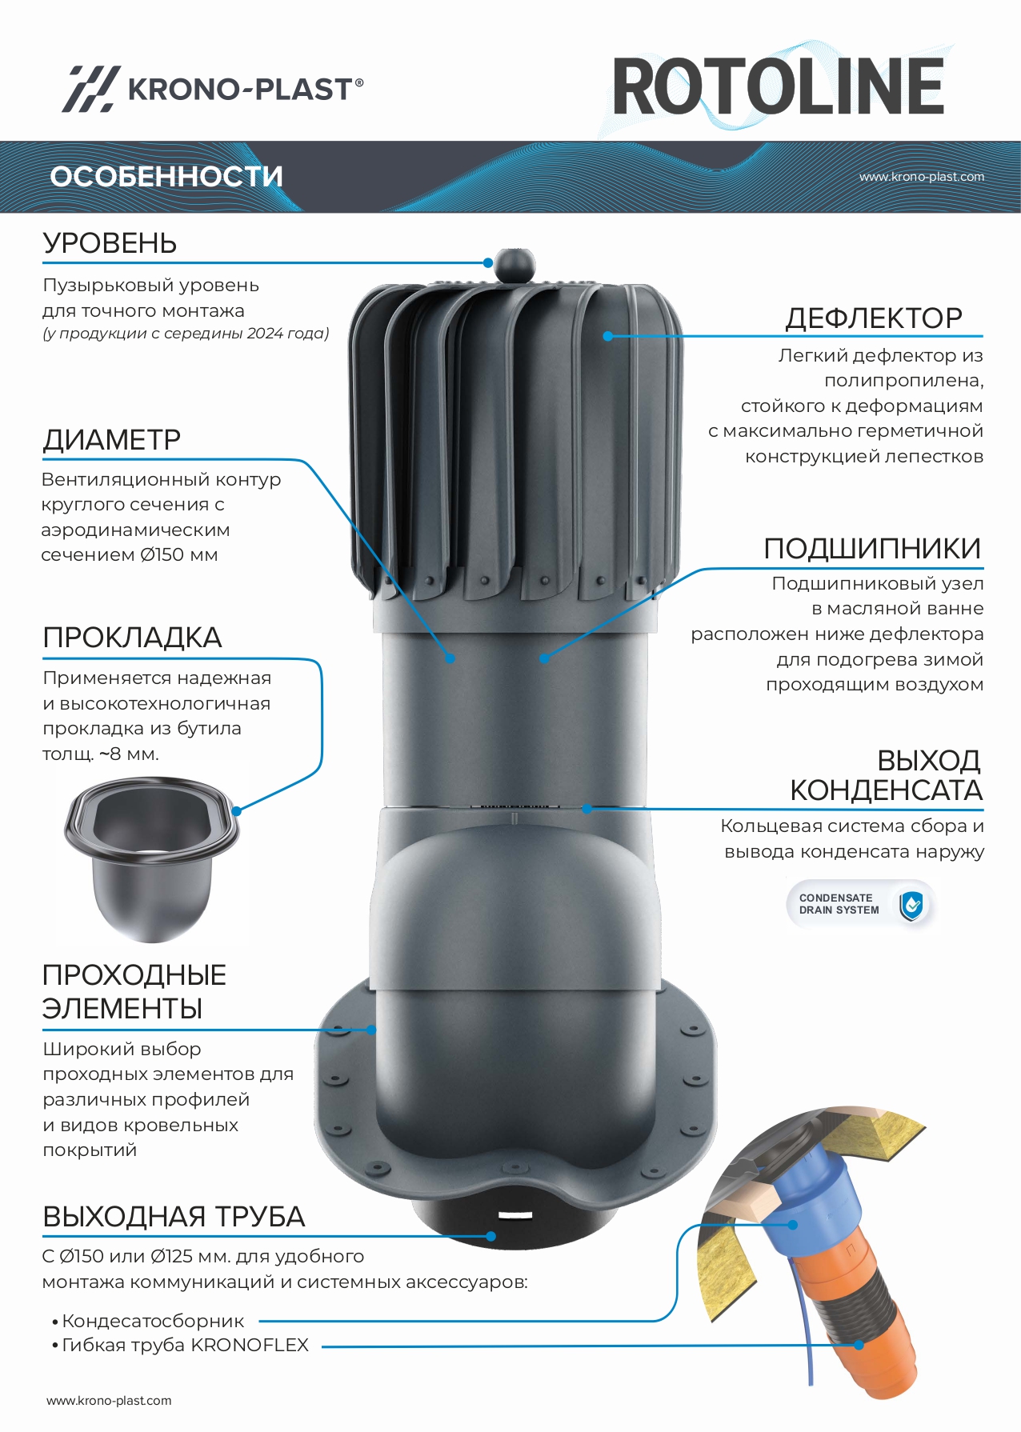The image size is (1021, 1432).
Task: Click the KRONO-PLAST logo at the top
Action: [213, 88]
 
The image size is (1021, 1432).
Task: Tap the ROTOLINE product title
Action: [779, 86]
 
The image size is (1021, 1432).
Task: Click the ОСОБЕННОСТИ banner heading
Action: [166, 176]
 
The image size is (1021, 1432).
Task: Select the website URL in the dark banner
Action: [922, 177]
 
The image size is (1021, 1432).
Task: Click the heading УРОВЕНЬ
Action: [110, 243]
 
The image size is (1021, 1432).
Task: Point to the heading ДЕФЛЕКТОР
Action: [874, 318]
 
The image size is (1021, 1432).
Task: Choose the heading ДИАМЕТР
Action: [111, 439]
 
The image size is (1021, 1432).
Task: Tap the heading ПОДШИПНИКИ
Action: [872, 548]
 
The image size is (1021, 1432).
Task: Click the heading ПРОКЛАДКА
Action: [132, 638]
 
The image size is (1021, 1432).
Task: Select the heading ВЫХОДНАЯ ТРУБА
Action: [174, 1217]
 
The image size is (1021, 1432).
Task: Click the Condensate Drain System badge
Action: [861, 905]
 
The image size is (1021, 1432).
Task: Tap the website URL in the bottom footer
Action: [109, 1400]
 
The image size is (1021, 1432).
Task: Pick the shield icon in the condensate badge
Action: [911, 905]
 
